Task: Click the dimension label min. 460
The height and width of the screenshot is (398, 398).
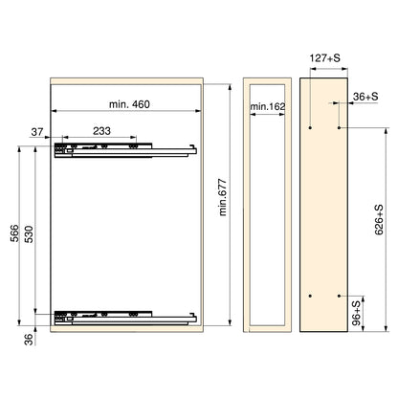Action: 129,104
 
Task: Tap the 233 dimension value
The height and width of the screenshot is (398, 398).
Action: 101,131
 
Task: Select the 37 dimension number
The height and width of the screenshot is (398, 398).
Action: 37,131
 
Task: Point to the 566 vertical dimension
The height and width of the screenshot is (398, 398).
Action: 14,233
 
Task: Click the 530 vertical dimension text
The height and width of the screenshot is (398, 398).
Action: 29,234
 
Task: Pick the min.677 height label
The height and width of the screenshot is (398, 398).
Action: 223,198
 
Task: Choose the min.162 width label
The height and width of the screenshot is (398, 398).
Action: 267,106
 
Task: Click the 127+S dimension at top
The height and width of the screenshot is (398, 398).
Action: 325,58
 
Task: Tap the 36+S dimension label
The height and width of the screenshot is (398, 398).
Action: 365,97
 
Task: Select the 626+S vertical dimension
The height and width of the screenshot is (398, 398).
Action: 379,220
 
